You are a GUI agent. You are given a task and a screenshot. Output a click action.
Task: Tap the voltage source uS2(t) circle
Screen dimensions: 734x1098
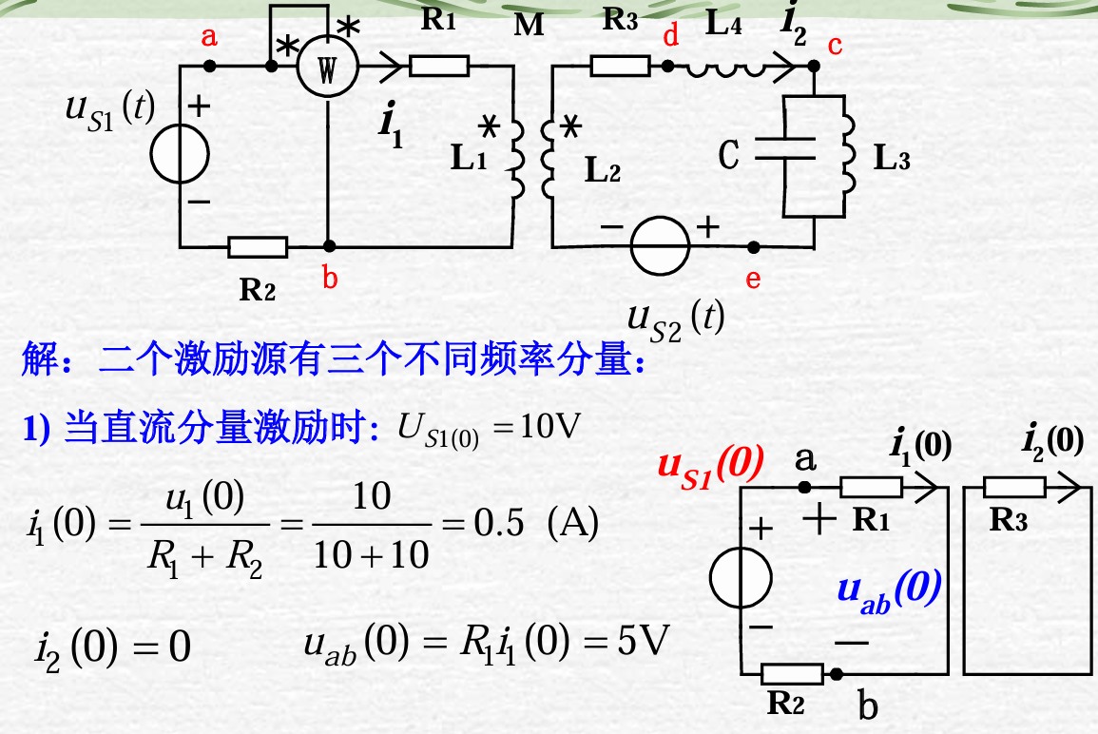[x=661, y=245]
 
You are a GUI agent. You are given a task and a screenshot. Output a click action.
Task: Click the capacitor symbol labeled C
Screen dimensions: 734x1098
[x=783, y=151]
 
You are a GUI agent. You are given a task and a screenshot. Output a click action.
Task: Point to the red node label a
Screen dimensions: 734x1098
[x=209, y=38]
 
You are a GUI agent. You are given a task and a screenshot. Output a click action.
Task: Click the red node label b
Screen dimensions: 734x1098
[x=330, y=279]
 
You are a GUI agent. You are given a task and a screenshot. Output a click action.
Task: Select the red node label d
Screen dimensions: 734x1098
[x=671, y=37]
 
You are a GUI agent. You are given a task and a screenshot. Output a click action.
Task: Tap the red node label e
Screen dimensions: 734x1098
[x=754, y=279]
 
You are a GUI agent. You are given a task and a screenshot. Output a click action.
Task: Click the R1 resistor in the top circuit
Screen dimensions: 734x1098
[x=438, y=66]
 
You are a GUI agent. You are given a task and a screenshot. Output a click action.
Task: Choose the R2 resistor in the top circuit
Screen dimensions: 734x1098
[x=258, y=247]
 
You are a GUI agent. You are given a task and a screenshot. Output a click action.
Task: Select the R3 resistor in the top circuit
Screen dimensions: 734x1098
[x=620, y=66]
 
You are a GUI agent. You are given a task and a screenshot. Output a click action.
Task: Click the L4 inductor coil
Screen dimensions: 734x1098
[x=723, y=67]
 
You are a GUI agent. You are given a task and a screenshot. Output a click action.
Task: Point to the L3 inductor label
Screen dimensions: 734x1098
[x=892, y=159]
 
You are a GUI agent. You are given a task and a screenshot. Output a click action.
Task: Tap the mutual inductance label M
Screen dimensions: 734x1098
[x=529, y=26]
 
